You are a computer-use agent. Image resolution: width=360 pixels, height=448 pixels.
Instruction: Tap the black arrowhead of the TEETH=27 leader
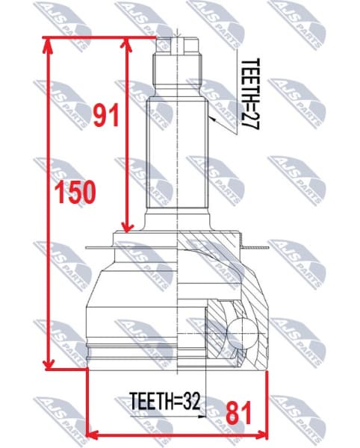(x=213, y=118)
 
